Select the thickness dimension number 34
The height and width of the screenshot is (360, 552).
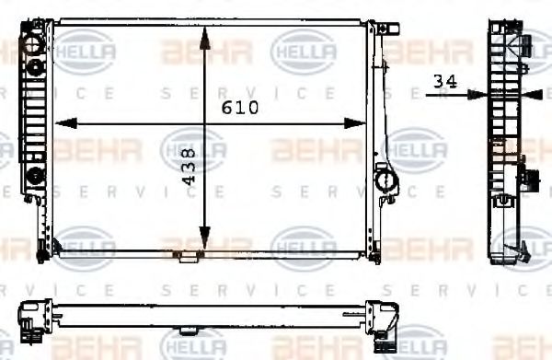point(445,81)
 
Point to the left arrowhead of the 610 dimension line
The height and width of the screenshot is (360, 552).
point(63,122)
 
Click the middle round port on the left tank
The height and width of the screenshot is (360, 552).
point(36,65)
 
